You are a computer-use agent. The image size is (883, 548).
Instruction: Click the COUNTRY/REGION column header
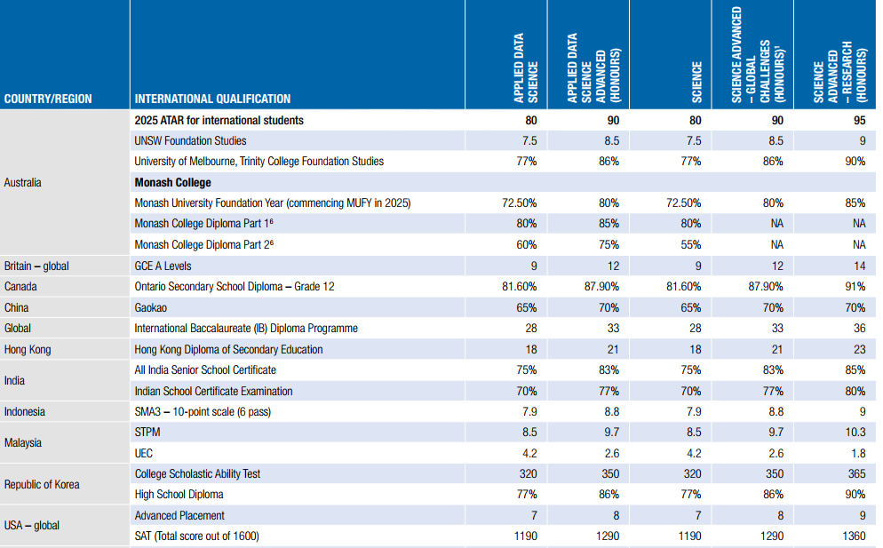[48, 99]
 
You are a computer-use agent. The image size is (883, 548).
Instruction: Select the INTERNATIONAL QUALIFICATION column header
[212, 99]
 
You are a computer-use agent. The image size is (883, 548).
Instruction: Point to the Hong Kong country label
[29, 349]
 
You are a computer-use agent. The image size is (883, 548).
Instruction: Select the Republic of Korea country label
[42, 484]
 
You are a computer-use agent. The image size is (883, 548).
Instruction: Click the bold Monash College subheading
[172, 182]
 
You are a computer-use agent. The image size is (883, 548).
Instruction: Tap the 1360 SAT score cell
[852, 536]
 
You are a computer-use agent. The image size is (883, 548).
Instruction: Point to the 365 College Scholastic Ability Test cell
[855, 473]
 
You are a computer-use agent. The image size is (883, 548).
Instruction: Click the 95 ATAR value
[858, 120]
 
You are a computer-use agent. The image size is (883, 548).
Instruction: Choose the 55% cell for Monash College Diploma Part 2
[689, 244]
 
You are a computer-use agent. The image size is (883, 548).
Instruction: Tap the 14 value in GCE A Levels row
[859, 266]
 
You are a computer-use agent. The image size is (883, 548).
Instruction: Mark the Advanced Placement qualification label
[179, 515]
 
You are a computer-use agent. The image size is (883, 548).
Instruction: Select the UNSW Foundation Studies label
[190, 140]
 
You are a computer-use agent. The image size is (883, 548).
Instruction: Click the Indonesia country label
[25, 411]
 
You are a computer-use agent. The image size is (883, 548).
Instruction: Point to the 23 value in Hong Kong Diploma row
[859, 349]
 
